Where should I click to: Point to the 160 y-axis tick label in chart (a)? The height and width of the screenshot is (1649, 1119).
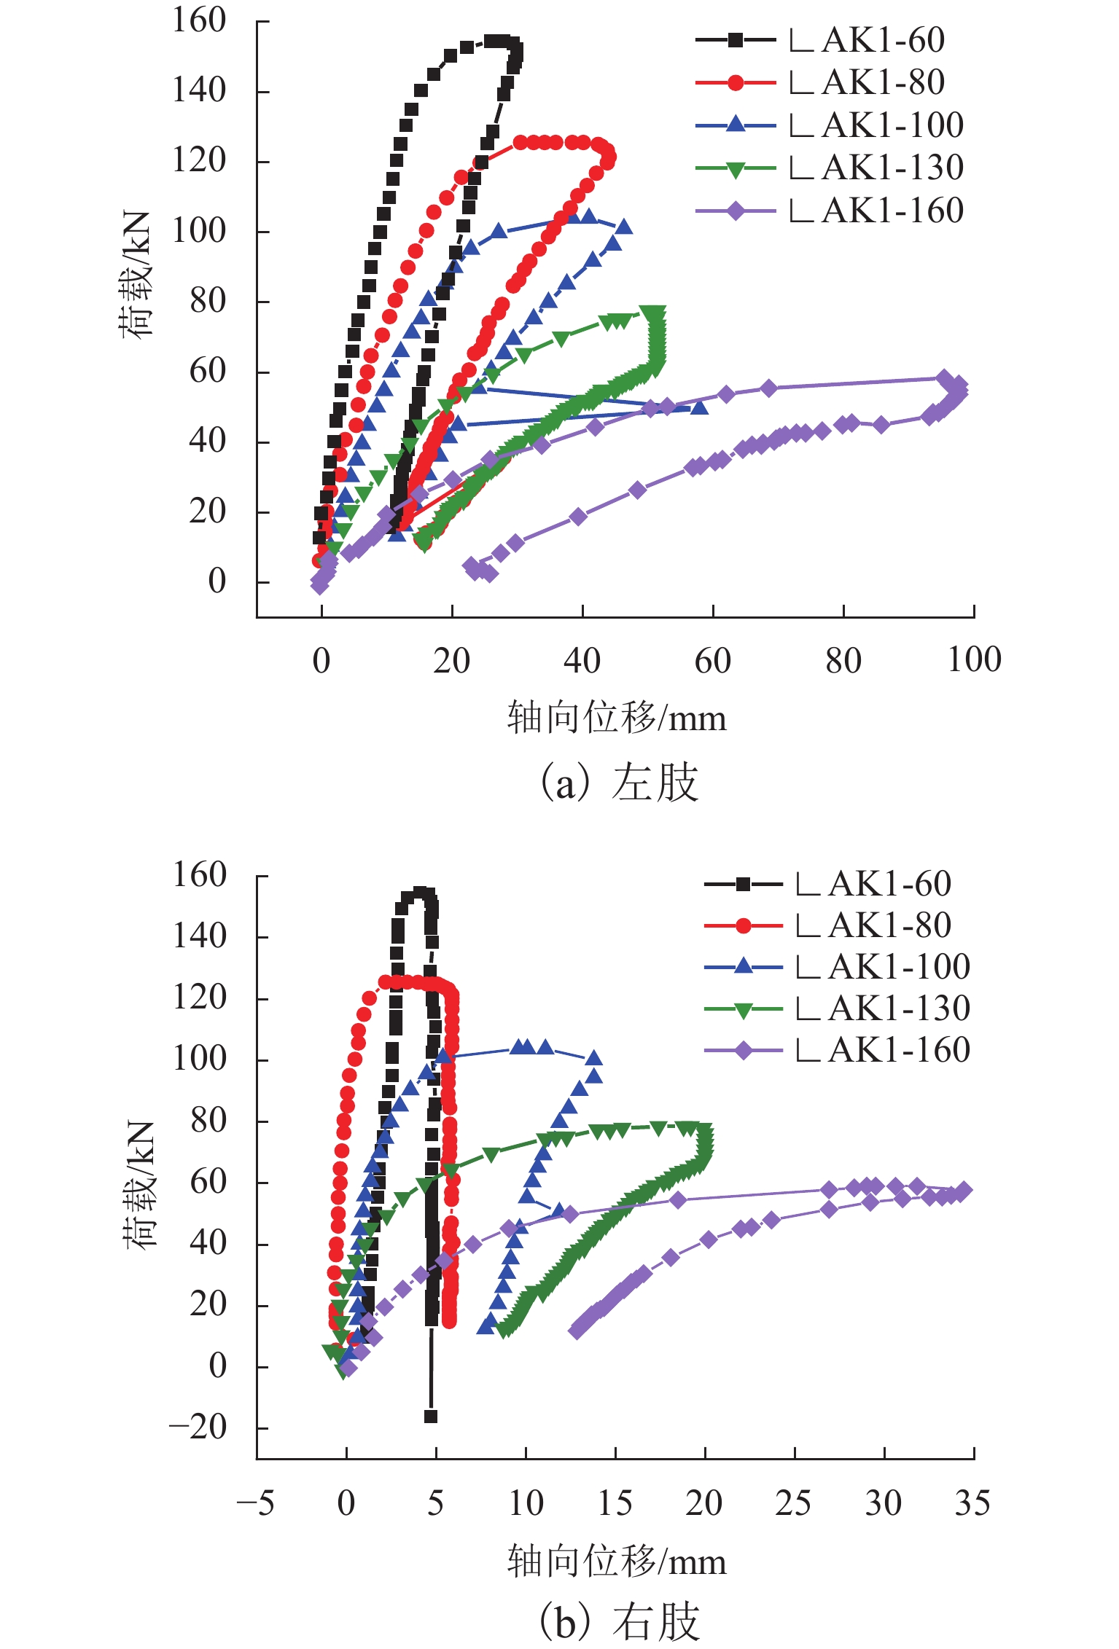tap(199, 21)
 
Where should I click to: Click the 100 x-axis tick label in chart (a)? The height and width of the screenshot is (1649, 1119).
tap(974, 660)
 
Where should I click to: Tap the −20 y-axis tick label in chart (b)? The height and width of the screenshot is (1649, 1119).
tap(198, 1427)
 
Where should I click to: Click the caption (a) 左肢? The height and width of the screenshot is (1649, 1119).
tap(618, 783)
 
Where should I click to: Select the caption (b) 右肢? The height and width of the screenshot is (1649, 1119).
tap(618, 1622)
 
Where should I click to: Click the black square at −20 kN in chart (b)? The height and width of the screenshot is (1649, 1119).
tap(431, 1417)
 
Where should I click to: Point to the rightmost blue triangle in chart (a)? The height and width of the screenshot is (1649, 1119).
tap(699, 407)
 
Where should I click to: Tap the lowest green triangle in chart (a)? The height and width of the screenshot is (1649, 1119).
tap(424, 544)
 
